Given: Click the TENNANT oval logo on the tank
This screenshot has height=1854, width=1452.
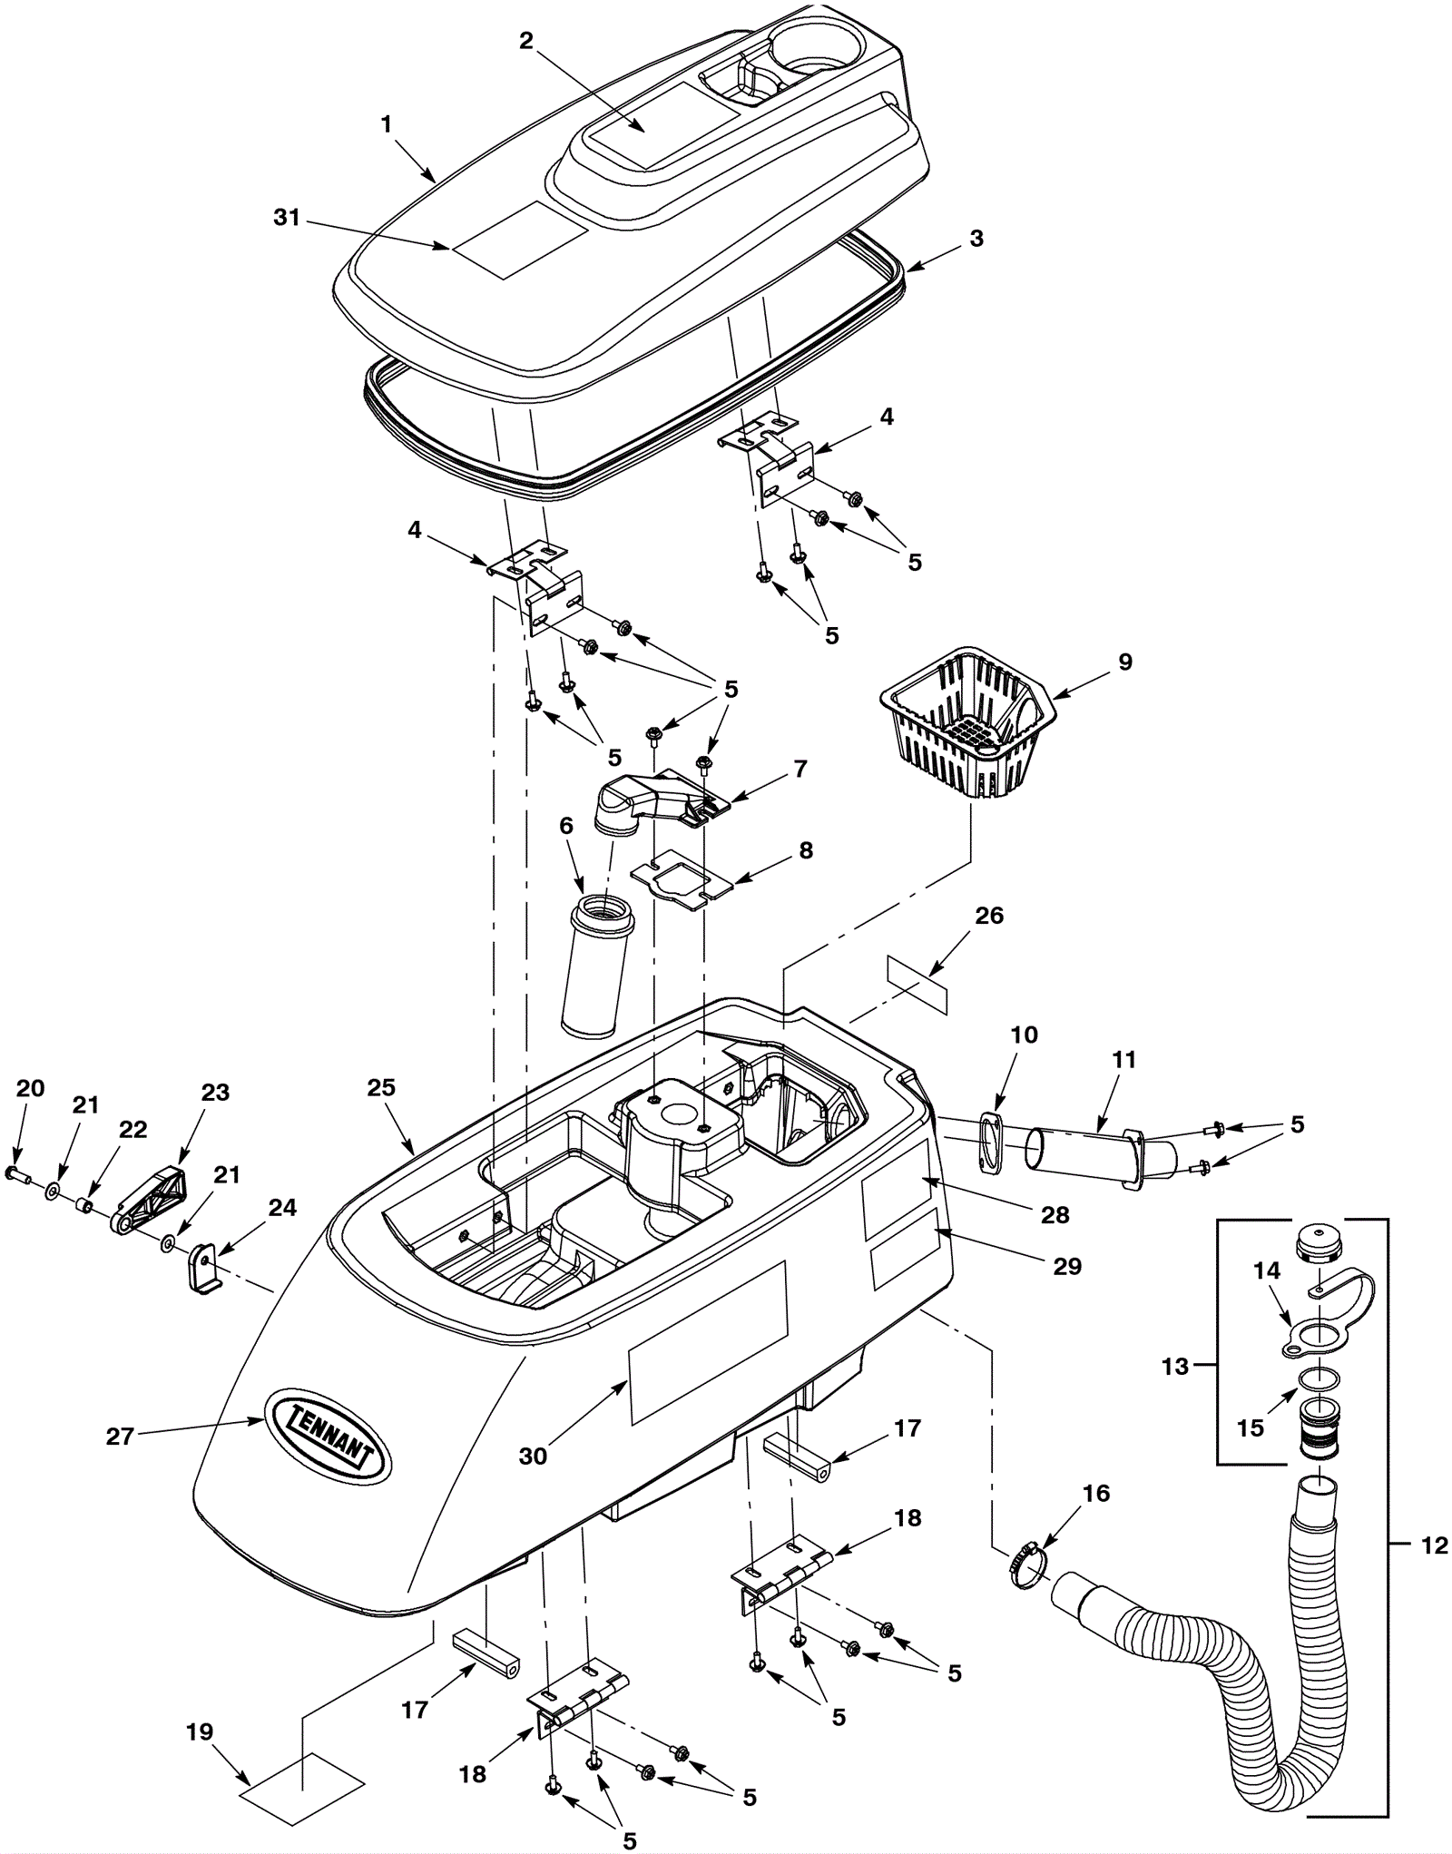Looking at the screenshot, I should [x=326, y=1435].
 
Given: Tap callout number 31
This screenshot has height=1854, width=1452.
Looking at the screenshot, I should [x=287, y=219].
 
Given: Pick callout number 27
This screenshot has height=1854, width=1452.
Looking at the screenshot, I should [x=120, y=1437].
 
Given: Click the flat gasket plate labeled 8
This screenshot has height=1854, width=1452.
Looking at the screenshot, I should [x=681, y=877].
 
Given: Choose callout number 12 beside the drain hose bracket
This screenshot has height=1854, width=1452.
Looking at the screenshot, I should [x=1433, y=1545].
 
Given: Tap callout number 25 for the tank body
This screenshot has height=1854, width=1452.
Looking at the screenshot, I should [x=382, y=1086].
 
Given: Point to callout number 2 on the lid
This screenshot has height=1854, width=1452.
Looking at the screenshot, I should [x=526, y=41].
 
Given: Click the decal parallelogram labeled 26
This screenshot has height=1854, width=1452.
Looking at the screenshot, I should [x=917, y=982].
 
